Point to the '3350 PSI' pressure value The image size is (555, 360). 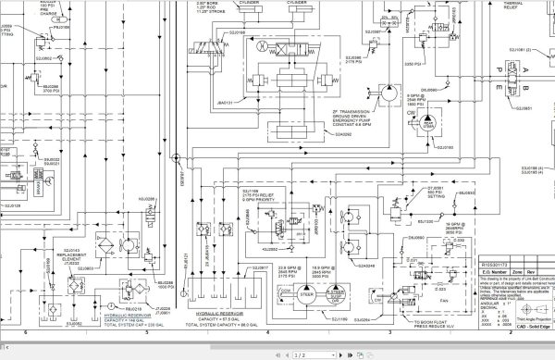point(414,66)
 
